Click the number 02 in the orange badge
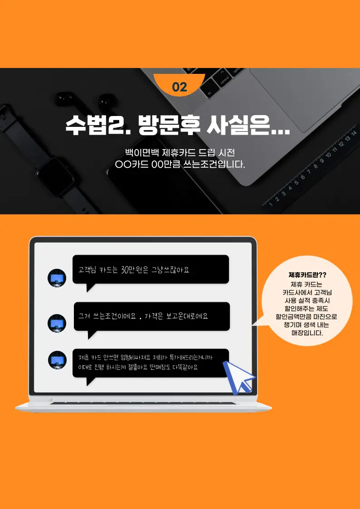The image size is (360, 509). point(180,87)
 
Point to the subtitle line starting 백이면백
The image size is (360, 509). point(180,152)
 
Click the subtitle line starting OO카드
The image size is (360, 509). point(180,165)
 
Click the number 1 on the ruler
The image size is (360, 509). point(271,204)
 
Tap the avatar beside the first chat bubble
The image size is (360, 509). point(57,278)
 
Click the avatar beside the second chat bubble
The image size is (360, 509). point(57,323)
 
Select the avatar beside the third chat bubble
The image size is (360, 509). point(58,360)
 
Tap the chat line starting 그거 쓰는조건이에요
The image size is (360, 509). point(143,316)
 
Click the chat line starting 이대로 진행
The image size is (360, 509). point(138,368)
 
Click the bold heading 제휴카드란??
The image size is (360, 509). point(307,275)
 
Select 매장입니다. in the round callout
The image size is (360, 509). point(307,333)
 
